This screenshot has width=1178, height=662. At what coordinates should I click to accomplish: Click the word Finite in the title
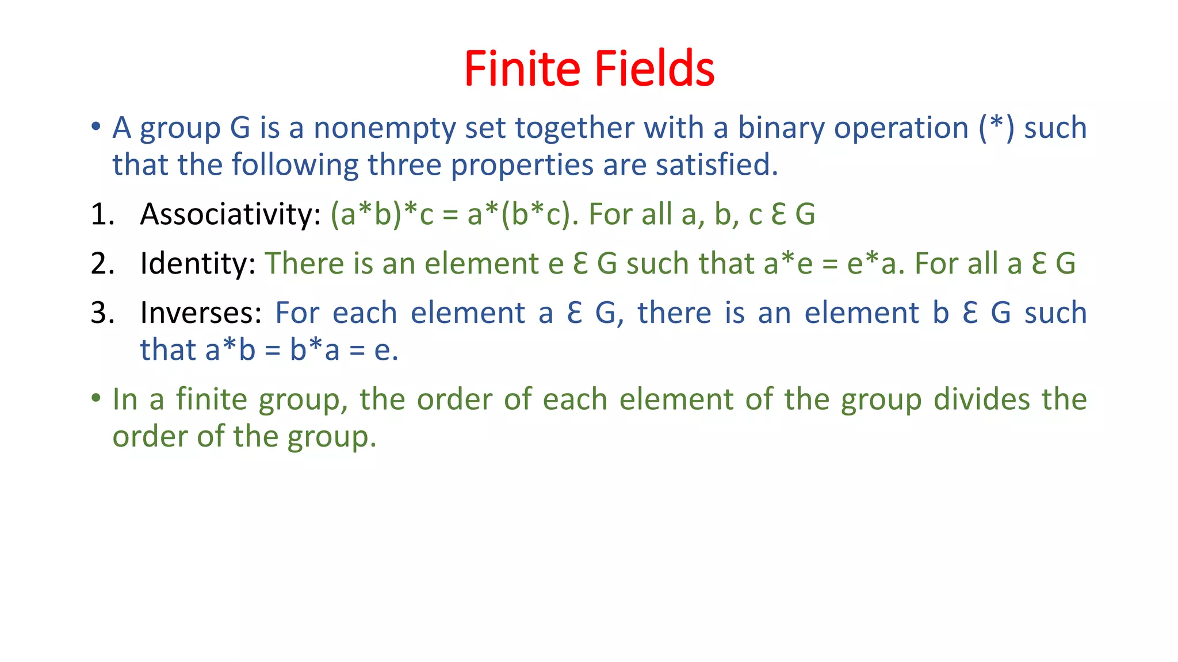(522, 69)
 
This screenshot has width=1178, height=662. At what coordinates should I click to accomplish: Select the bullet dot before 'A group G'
(96, 126)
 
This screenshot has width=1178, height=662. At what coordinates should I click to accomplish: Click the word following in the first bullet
(295, 165)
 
